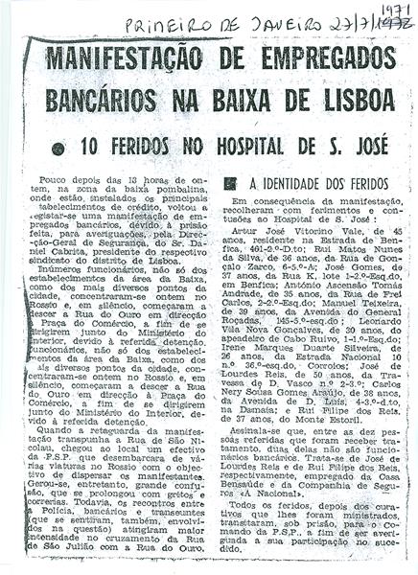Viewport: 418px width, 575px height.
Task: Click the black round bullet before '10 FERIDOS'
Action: point(61,149)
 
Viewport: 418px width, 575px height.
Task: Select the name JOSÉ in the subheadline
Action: point(360,147)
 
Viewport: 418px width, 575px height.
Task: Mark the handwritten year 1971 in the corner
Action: point(387,9)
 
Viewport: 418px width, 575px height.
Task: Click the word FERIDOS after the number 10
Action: point(148,148)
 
